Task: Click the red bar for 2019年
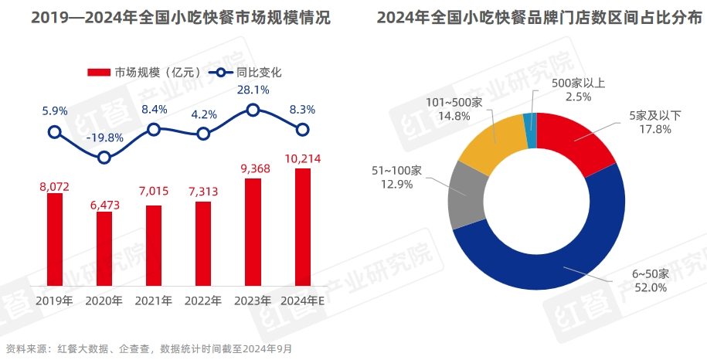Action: [54, 239]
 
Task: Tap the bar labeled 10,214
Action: [303, 227]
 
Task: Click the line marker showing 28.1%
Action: [253, 110]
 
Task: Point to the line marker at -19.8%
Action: [104, 158]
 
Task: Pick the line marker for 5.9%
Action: [54, 132]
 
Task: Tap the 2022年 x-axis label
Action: [203, 301]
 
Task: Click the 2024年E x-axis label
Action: [303, 301]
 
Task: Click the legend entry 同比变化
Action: [247, 73]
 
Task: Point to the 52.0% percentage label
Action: [627, 287]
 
